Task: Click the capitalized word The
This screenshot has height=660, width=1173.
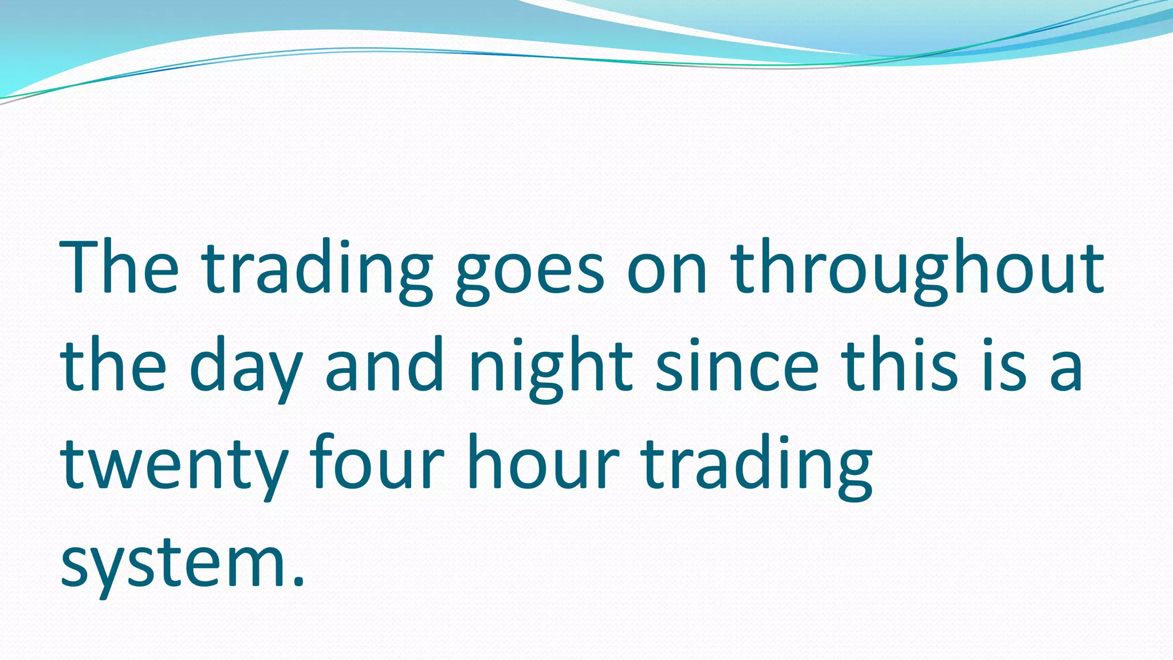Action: (120, 268)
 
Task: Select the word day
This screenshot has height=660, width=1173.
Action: (246, 370)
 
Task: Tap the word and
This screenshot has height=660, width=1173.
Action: (384, 365)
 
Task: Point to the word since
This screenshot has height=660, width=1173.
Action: (737, 365)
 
